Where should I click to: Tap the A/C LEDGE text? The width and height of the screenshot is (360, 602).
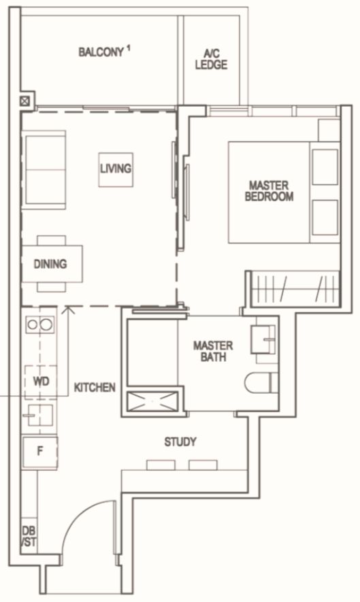click(211, 59)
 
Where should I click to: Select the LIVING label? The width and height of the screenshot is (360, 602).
click(116, 169)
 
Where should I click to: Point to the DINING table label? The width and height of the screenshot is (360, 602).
click(50, 264)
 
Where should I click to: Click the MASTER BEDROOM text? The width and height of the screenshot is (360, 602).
click(269, 191)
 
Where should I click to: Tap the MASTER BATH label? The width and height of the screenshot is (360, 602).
click(213, 351)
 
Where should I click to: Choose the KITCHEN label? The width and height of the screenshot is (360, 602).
click(95, 387)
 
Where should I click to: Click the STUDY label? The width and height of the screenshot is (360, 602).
click(180, 442)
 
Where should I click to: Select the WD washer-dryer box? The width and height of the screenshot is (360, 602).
click(41, 382)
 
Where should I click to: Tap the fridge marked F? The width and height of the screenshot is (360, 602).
click(40, 452)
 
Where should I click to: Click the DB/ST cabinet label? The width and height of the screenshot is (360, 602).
click(29, 536)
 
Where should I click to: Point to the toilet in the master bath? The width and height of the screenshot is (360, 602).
click(261, 382)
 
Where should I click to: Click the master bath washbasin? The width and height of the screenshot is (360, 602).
click(263, 339)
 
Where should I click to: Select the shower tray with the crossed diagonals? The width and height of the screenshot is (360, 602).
click(152, 402)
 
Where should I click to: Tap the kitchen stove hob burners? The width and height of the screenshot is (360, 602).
click(40, 324)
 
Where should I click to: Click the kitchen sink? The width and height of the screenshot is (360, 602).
click(37, 415)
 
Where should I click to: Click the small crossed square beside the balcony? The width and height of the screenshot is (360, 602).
click(25, 101)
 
